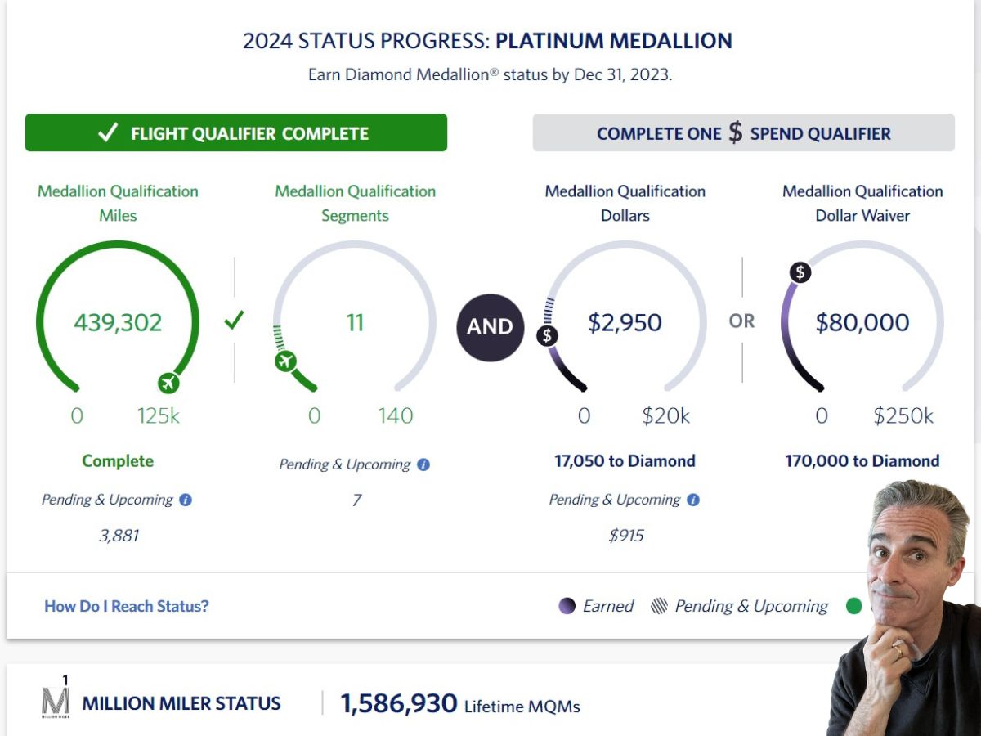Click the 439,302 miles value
[118, 322]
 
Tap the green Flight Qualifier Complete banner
[236, 133]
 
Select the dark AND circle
[490, 326]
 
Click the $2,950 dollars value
[625, 322]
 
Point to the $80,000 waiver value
[862, 322]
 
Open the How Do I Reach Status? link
[127, 606]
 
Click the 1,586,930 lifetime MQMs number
[398, 703]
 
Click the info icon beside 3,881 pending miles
[186, 500]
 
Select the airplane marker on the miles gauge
[169, 382]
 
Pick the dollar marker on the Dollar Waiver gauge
[800, 272]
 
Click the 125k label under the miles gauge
[159, 416]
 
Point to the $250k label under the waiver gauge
[903, 416]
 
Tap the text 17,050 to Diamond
[625, 461]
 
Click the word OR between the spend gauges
[742, 321]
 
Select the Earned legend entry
[597, 606]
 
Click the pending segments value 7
[356, 500]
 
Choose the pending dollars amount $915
[626, 536]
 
